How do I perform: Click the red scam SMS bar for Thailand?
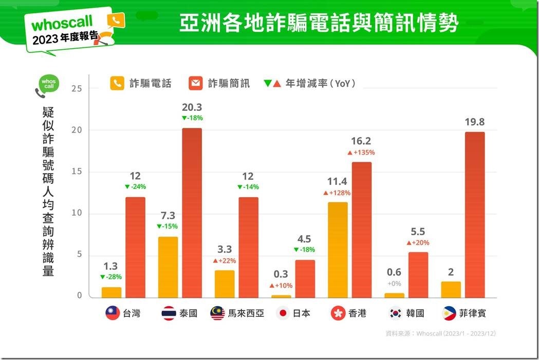click(x=192, y=213)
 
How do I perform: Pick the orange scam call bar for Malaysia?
click(x=225, y=283)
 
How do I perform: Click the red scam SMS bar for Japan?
click(x=305, y=278)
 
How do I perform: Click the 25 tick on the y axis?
click(x=78, y=88)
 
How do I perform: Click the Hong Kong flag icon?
click(x=338, y=313)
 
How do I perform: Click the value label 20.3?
click(x=192, y=107)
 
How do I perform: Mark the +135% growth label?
click(x=361, y=153)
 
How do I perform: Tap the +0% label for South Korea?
click(x=394, y=283)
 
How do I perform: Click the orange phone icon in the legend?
click(x=117, y=83)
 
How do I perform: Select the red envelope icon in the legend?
click(x=196, y=83)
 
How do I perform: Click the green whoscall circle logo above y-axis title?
click(x=49, y=84)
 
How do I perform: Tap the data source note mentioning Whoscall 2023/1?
click(x=440, y=333)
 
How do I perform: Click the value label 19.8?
click(x=474, y=122)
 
